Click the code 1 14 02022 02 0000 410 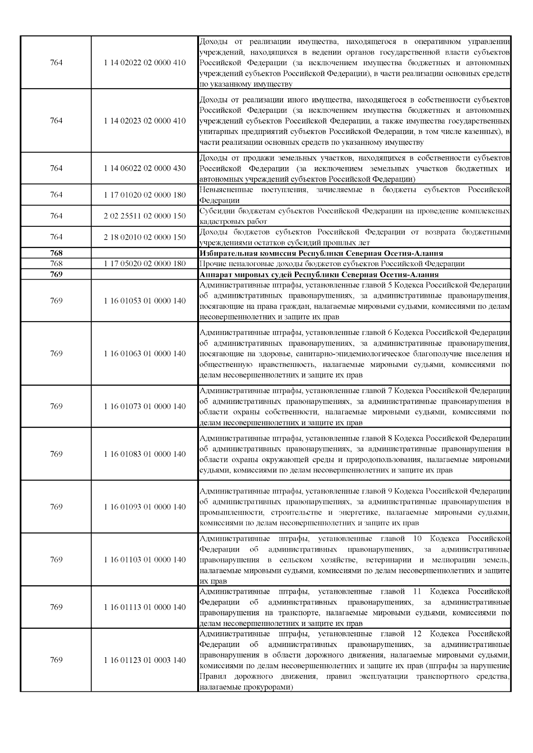point(145,63)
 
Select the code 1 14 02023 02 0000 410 point(145,121)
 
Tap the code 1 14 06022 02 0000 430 point(145,168)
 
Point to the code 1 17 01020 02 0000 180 point(145,195)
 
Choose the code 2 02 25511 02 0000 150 point(145,216)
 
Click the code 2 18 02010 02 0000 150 point(145,237)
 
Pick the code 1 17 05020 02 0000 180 point(145,264)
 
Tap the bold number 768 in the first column point(56,253)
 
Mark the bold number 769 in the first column point(56,274)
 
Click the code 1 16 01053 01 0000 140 point(145,301)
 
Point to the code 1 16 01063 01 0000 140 point(145,354)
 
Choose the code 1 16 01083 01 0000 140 point(145,454)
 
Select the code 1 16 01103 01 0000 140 point(145,560)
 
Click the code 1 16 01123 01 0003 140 point(145,660)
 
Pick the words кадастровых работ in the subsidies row point(233,221)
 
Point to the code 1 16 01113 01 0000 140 point(145,607)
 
